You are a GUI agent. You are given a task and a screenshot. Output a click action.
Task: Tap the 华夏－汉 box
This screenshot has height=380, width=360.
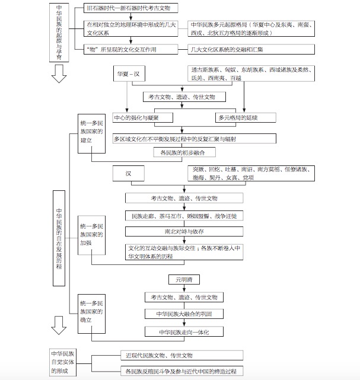click(132, 76)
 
